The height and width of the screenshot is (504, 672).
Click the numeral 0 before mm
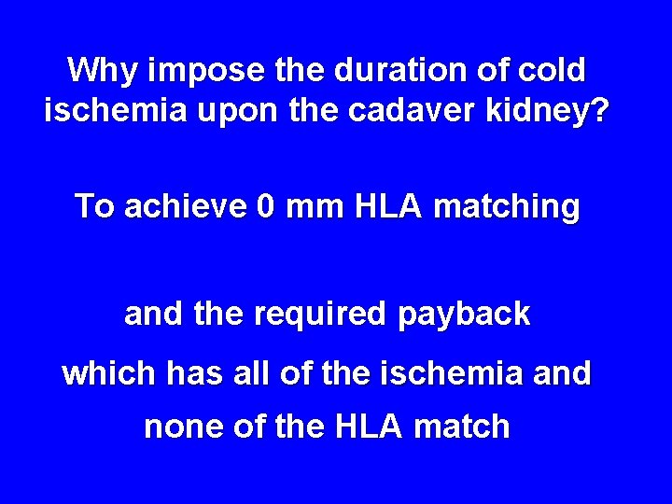pos(268,205)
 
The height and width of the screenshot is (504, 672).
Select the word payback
pos(464,315)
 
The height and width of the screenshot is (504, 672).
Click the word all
pos(239,373)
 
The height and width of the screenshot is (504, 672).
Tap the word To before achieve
pos(93,205)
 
